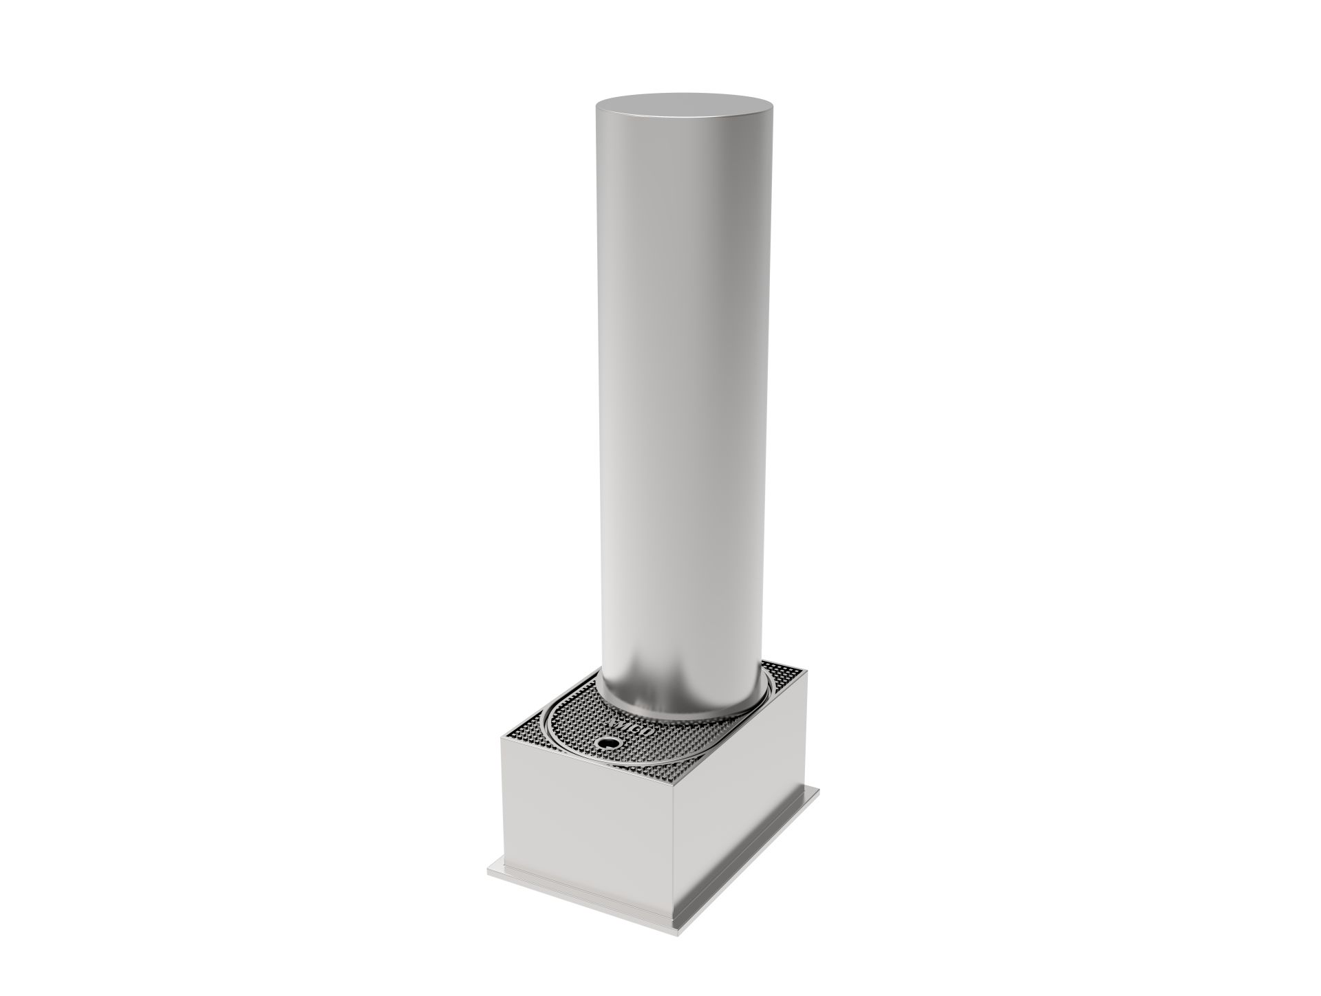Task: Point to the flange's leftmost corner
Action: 488,872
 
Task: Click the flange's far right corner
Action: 819,790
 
